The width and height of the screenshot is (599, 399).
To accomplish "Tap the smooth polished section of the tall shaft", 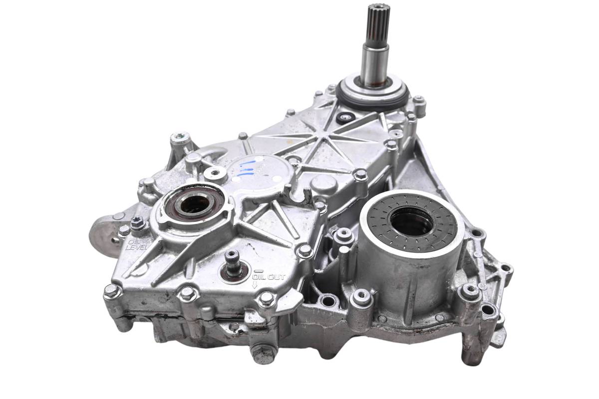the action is point(374,64).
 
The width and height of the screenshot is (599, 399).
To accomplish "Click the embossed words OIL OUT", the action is point(269,276).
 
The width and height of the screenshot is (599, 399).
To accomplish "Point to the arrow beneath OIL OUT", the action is point(255,285).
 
